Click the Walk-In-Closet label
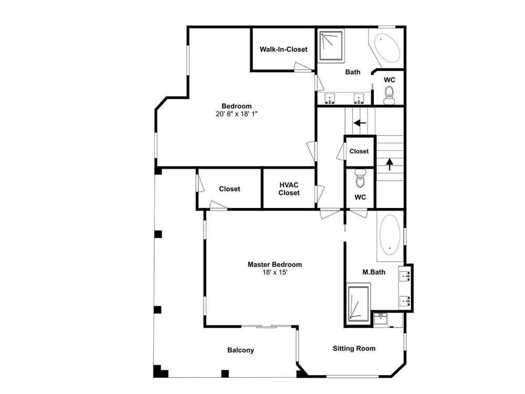coord(283,49)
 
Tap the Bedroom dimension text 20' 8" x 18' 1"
coord(236,114)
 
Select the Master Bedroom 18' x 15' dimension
coord(275,272)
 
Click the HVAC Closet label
coord(289,189)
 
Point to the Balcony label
coord(240,350)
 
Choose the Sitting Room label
coord(354,348)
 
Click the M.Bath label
coord(374,272)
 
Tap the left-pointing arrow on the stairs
coord(360,123)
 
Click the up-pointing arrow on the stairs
coord(390,164)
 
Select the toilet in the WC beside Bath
coord(389,96)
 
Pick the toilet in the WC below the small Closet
coord(360,178)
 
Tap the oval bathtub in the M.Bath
coord(390,235)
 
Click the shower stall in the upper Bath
coord(331,46)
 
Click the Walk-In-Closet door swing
coord(303,67)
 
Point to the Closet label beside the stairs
coord(359,151)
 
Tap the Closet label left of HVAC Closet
coord(229,189)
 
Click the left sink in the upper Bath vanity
coord(330,99)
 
